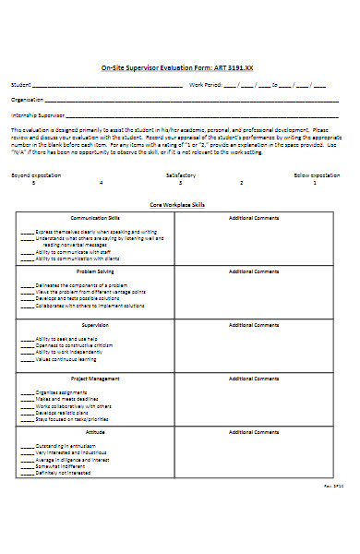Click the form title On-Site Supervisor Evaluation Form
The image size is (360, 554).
176,68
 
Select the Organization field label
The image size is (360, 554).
27,100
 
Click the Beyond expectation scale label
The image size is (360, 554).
33,174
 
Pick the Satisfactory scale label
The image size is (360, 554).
181,174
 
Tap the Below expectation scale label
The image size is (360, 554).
317,174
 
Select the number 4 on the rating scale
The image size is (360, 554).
102,182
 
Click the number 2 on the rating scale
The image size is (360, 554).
242,182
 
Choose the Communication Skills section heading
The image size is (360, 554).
96,218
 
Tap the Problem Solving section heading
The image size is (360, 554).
96,271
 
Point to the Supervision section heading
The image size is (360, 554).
96,324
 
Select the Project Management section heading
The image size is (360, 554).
96,378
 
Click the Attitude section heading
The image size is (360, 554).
96,431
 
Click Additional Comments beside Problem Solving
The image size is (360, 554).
254,271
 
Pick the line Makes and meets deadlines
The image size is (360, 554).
69,399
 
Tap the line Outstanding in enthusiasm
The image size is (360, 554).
68,446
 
